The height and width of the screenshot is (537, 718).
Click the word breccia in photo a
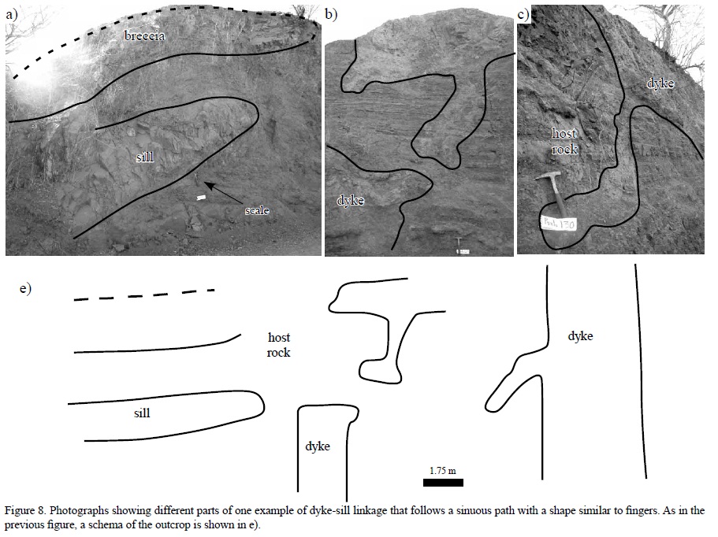[x=143, y=36]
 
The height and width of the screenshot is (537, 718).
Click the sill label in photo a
[x=143, y=157]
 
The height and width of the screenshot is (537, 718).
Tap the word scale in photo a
[x=256, y=210]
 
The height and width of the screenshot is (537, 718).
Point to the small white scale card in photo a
[x=202, y=197]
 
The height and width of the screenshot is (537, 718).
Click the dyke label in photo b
[x=350, y=200]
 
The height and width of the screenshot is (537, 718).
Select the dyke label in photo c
[x=660, y=83]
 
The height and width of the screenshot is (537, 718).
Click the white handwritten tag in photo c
[x=560, y=223]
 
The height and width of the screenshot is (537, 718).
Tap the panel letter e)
[x=25, y=288]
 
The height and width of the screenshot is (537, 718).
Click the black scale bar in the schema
[x=443, y=482]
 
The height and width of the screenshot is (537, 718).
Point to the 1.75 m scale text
[x=443, y=470]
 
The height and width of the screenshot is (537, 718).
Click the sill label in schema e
[x=142, y=412]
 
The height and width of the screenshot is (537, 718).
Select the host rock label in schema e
[x=279, y=345]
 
